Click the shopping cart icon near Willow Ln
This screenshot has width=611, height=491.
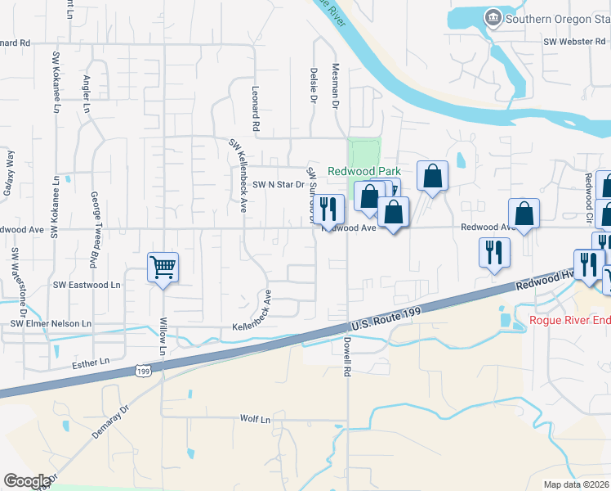click(x=163, y=267)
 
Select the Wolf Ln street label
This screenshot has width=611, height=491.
click(x=254, y=419)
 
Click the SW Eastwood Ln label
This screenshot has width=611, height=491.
click(x=87, y=285)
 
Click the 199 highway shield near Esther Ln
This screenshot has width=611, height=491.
click(x=143, y=372)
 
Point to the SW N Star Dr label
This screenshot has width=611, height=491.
click(x=278, y=185)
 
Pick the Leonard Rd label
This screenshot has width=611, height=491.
click(x=256, y=110)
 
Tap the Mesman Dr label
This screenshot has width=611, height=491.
click(x=335, y=88)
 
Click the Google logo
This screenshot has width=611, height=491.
click(x=27, y=481)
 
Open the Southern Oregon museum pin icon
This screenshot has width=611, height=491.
click(x=493, y=18)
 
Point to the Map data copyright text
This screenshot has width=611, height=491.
click(x=578, y=484)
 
